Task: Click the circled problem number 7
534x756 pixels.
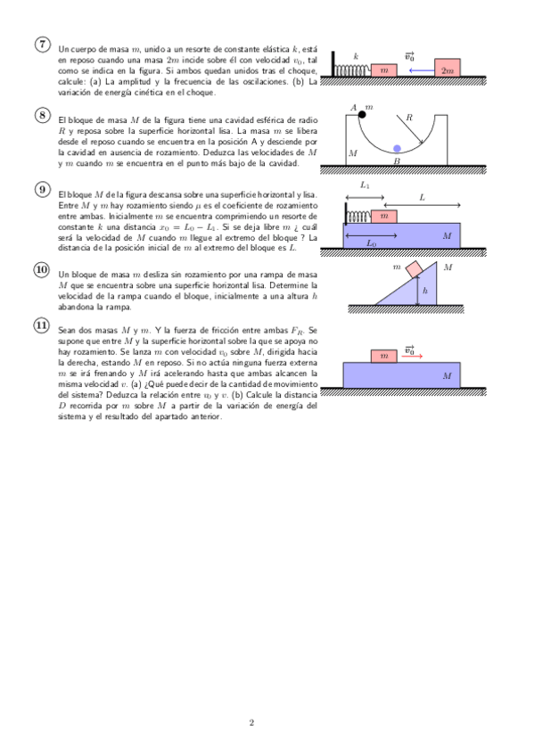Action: point(43,44)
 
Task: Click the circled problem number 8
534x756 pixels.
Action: point(43,115)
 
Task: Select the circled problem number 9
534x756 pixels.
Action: point(43,190)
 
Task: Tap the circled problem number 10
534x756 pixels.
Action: point(43,269)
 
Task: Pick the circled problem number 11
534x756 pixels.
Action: point(43,325)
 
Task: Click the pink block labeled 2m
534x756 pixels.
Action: point(448,68)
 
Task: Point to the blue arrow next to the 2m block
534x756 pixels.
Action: point(422,70)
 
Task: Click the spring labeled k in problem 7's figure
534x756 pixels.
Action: point(353,70)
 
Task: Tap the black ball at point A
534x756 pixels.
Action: point(362,115)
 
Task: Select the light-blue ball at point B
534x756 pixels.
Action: point(397,148)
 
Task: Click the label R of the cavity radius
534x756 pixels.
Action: point(409,117)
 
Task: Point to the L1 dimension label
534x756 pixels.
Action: point(365,185)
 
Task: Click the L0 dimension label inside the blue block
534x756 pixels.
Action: point(371,243)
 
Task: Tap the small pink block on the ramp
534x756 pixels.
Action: point(414,269)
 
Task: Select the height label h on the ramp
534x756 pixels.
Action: point(425,291)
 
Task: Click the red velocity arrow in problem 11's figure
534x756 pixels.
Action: point(412,357)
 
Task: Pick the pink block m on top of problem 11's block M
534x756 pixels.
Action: point(384,357)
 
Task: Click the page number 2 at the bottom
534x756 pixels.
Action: point(251,722)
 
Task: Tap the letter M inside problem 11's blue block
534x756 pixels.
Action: point(448,375)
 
